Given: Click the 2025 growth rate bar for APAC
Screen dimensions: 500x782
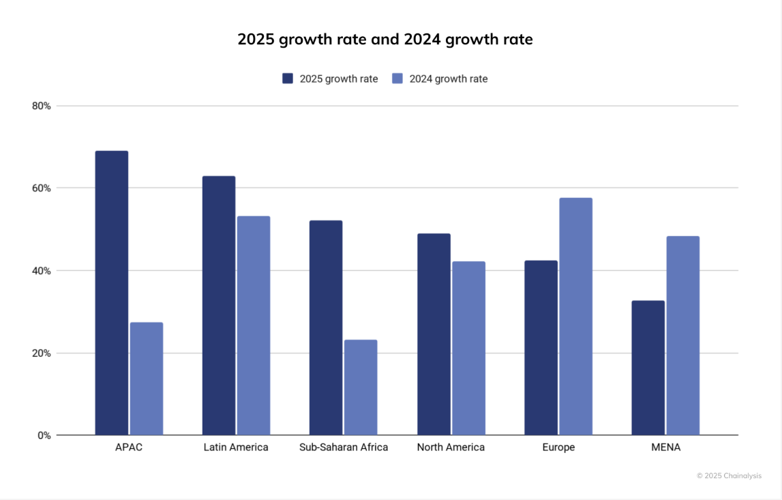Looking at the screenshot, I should click(112, 293).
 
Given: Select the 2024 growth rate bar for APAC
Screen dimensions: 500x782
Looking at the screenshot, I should click(147, 379).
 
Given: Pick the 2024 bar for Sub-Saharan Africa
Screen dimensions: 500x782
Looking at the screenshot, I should click(361, 387).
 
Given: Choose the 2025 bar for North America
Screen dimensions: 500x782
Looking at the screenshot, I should click(434, 334).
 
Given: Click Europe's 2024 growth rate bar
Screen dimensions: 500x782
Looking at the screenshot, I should click(575, 317).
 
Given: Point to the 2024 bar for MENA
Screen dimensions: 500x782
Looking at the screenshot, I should click(683, 336).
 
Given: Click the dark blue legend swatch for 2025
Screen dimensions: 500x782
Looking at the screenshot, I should click(288, 78).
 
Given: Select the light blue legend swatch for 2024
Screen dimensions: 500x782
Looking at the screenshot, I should click(398, 78).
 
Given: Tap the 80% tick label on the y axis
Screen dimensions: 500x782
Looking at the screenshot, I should click(41, 106).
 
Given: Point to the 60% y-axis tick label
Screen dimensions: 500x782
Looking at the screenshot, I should click(41, 188).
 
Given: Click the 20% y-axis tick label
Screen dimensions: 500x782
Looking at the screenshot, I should click(41, 353).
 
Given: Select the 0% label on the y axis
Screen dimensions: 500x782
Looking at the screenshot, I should click(44, 435).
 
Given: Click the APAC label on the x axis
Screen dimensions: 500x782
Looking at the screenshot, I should click(129, 447).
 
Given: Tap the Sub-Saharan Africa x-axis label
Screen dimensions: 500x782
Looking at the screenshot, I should click(344, 447).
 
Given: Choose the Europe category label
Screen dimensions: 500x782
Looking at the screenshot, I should click(558, 447).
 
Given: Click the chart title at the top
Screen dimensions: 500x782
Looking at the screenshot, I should click(385, 40).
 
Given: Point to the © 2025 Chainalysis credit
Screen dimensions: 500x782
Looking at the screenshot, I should click(729, 475).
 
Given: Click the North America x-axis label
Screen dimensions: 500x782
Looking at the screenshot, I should click(451, 447).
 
